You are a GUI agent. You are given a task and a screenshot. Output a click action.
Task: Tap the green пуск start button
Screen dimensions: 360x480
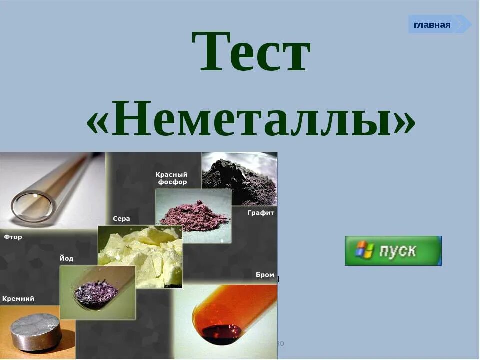(393, 251)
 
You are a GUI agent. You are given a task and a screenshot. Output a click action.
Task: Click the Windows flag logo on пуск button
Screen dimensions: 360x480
(364, 250)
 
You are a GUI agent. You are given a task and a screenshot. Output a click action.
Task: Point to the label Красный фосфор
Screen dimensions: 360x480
(171, 178)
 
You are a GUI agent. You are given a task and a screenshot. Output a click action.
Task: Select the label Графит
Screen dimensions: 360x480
(260, 213)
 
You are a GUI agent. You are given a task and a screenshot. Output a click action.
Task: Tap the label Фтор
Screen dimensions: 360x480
(13, 237)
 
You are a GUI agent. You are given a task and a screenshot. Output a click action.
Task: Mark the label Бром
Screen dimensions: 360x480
(265, 275)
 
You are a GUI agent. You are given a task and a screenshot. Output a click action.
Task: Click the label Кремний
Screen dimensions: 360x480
(18, 298)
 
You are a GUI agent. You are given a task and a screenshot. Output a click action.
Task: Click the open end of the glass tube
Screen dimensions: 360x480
(31, 208)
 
